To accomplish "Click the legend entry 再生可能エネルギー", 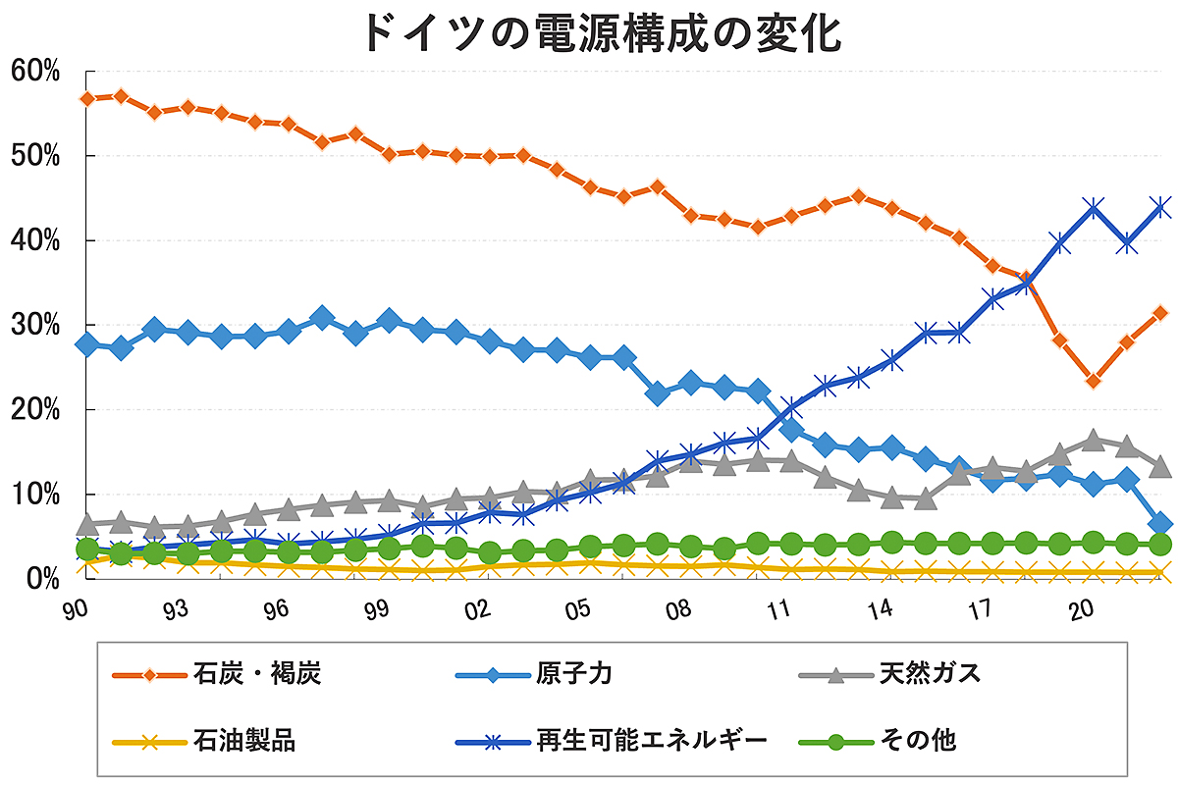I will pos(652,739).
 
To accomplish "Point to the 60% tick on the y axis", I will pos(36,72).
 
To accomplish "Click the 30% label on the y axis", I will pos(36,325).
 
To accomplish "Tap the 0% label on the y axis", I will pos(42,578).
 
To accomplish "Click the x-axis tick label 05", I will pos(579,609).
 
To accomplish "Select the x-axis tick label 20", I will pos(1082,609).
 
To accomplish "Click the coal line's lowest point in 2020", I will pos(1093,381).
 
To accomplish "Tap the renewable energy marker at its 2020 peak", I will pos(1093,208).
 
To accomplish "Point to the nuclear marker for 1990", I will pos(86,344).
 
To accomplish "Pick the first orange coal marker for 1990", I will pos(87,99).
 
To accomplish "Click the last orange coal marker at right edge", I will pos(1159,313).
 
